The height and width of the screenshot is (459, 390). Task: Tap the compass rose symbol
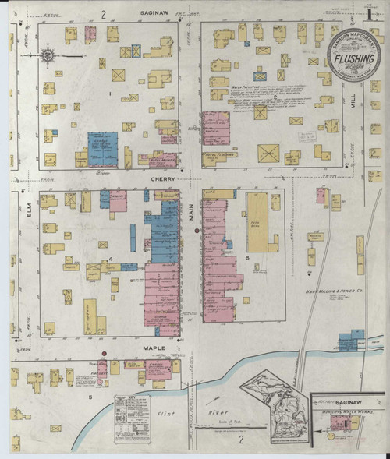pos(48,56)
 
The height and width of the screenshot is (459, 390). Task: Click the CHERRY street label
pos(164,178)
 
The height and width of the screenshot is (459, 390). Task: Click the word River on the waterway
pos(214,411)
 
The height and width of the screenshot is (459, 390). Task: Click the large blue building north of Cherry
pos(102,149)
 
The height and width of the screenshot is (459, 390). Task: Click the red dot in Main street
pos(197,231)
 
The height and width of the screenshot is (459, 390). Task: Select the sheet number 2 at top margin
pos(103,14)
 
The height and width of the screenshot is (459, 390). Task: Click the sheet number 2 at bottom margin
pos(242,440)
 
